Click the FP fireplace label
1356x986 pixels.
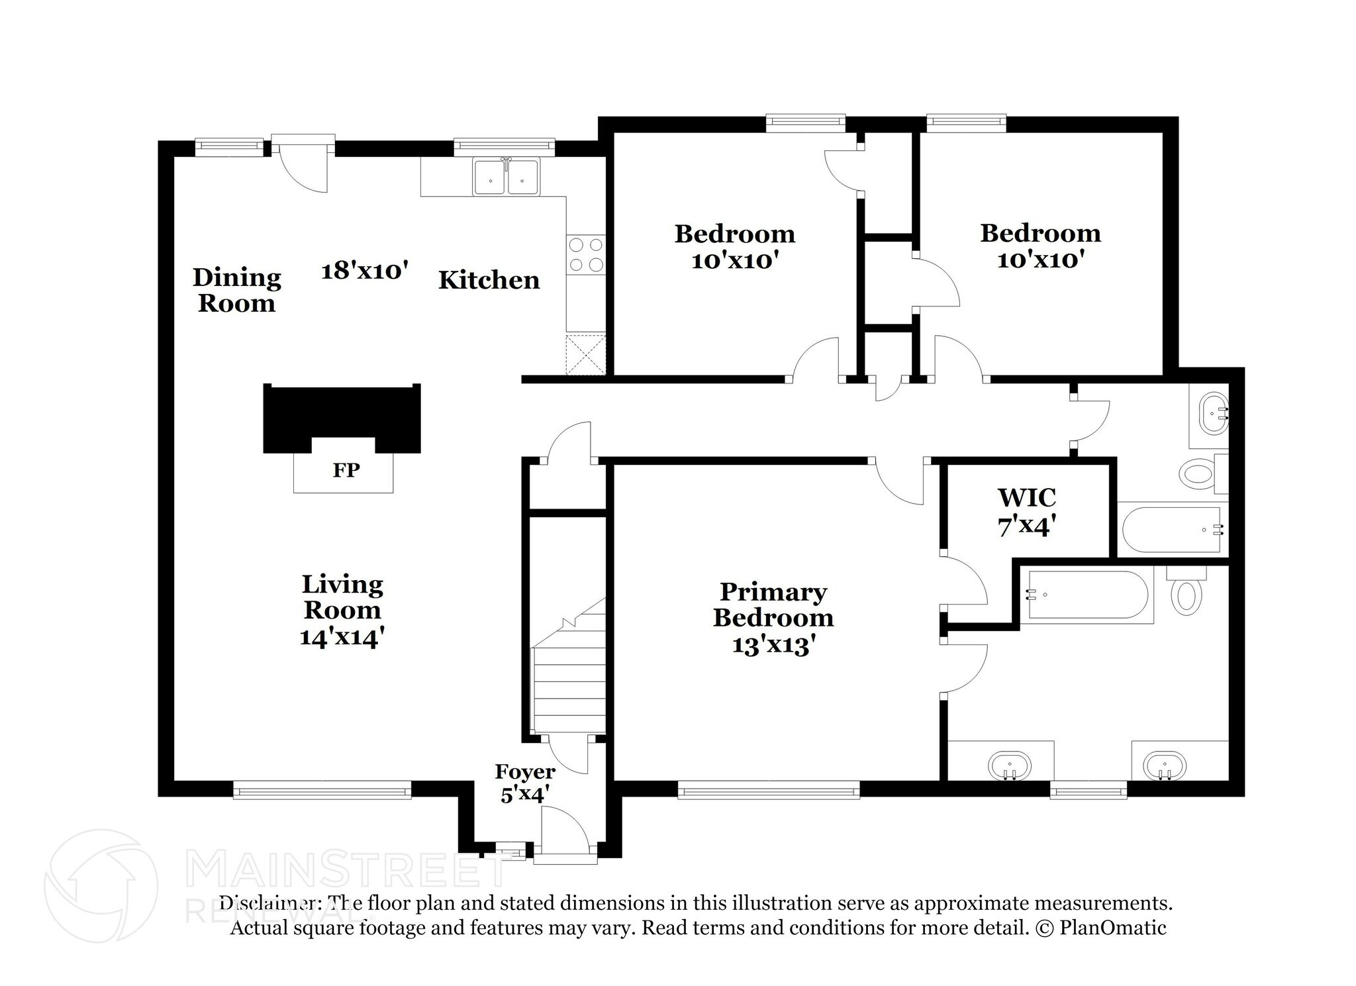tap(346, 470)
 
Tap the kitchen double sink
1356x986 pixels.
tap(507, 177)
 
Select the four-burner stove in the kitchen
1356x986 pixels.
tap(586, 255)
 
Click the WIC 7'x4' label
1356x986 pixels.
tap(1026, 512)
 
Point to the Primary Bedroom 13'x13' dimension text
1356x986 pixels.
tap(773, 644)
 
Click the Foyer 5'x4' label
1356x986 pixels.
tap(525, 783)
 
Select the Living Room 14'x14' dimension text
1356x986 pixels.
tap(342, 637)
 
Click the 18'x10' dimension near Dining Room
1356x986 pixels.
tap(364, 270)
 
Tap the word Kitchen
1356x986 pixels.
tap(489, 280)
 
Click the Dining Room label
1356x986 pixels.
tap(236, 290)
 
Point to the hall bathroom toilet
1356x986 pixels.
tap(1197, 474)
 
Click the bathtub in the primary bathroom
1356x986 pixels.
tap(1086, 595)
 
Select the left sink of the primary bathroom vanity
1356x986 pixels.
tap(1009, 766)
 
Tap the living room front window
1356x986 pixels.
tap(322, 789)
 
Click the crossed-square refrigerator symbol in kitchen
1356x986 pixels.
tap(586, 355)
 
